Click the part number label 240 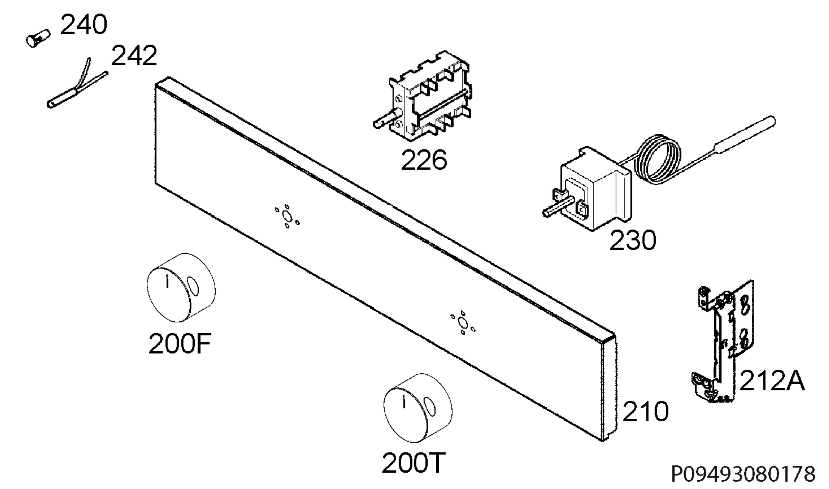click(84, 25)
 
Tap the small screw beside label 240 click(38, 38)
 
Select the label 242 click(134, 56)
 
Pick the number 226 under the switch click(424, 160)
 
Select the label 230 click(633, 240)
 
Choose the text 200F click(180, 344)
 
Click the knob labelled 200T click(418, 408)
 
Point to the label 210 click(646, 411)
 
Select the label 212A click(772, 380)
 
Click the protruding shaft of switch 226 click(387, 119)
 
